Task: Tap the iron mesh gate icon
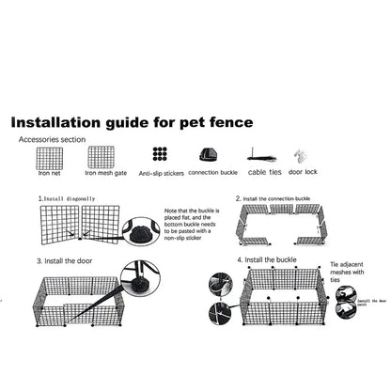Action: pyautogui.click(x=99, y=155)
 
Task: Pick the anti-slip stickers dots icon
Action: pyautogui.click(x=160, y=154)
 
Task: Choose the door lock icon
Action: pyautogui.click(x=301, y=155)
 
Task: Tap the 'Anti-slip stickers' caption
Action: pyautogui.click(x=160, y=174)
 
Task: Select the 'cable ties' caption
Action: pyautogui.click(x=264, y=173)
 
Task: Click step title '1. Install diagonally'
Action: pyautogui.click(x=68, y=199)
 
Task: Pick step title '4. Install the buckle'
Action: pyautogui.click(x=268, y=258)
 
